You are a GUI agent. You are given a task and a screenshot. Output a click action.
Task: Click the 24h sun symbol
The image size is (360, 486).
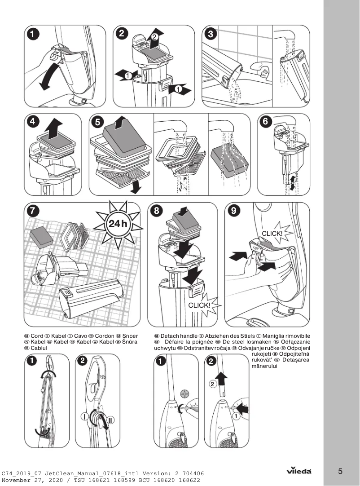coord(118,224)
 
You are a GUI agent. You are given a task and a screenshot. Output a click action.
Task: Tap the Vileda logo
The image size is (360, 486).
coord(299,471)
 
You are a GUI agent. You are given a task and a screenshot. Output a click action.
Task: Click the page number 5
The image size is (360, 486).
coord(340,471)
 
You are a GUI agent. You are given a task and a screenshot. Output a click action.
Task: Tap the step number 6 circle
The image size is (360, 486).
coord(267,122)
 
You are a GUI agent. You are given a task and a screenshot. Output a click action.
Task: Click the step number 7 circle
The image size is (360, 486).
coord(32,210)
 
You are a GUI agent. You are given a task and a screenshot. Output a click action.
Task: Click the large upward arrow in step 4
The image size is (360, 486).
coord(54,128)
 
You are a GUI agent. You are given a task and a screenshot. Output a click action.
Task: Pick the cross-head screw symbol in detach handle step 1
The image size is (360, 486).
coord(183,394)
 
